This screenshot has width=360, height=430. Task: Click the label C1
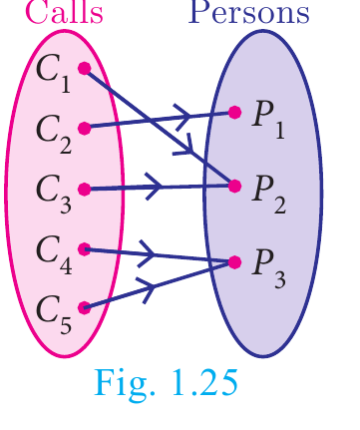(53, 73)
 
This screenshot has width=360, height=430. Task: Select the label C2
(54, 134)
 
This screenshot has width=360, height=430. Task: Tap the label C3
(54, 194)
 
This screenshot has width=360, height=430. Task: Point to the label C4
(54, 254)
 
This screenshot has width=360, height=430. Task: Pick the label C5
(54, 314)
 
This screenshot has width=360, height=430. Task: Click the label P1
(268, 120)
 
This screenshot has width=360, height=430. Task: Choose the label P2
(269, 194)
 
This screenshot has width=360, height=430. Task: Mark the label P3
(269, 268)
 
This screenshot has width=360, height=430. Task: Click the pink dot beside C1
(85, 68)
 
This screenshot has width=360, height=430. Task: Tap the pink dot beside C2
(85, 129)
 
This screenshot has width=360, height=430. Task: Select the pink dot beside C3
(85, 190)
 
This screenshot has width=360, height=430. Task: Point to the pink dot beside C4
(85, 249)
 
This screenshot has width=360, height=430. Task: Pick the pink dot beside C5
(85, 307)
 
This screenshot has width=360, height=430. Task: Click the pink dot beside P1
(234, 113)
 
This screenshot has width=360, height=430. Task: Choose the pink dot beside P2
(234, 187)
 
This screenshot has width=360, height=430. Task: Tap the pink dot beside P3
(234, 262)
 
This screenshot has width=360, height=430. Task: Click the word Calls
(64, 12)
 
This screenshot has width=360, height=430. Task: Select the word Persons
(248, 12)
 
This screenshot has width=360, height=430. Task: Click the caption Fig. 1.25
(167, 383)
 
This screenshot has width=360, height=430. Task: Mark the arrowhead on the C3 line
(154, 187)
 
